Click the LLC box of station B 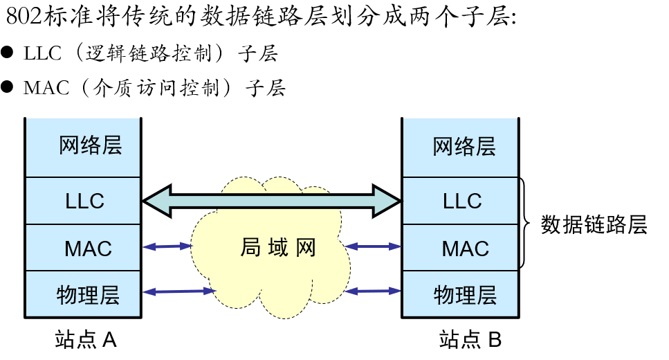[x=461, y=201]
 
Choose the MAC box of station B [x=461, y=248]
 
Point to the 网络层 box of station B [x=461, y=147]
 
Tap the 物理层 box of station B [x=461, y=295]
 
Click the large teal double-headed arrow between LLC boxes [x=272, y=201]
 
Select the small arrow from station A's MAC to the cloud [x=167, y=246]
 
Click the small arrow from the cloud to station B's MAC [x=374, y=246]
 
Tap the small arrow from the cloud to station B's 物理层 [x=374, y=291]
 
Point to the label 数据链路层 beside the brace [x=594, y=225]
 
